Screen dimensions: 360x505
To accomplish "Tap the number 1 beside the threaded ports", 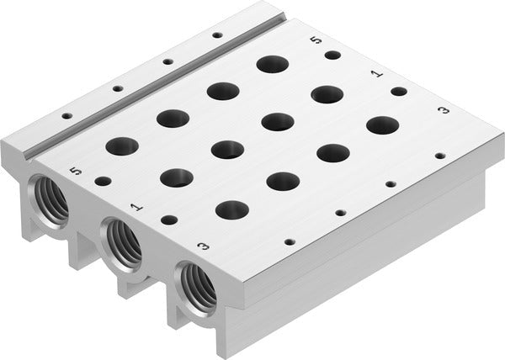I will (135, 204).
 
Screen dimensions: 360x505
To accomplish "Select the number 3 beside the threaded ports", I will (203, 246).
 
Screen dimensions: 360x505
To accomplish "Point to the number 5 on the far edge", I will (316, 40).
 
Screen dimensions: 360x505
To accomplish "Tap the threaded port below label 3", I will (193, 288).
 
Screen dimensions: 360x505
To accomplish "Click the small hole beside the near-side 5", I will (103, 180).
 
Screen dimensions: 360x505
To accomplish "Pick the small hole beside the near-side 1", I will (169, 220).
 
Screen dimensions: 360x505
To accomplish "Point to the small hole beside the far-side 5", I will (332, 56).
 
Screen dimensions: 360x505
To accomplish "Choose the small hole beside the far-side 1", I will (399, 91).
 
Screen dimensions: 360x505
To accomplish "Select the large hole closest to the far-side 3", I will (383, 124).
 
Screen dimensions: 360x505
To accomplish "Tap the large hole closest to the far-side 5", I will (272, 64).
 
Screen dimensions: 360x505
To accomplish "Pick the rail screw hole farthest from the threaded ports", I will (217, 34).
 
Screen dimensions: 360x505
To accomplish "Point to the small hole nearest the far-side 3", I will (439, 156).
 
